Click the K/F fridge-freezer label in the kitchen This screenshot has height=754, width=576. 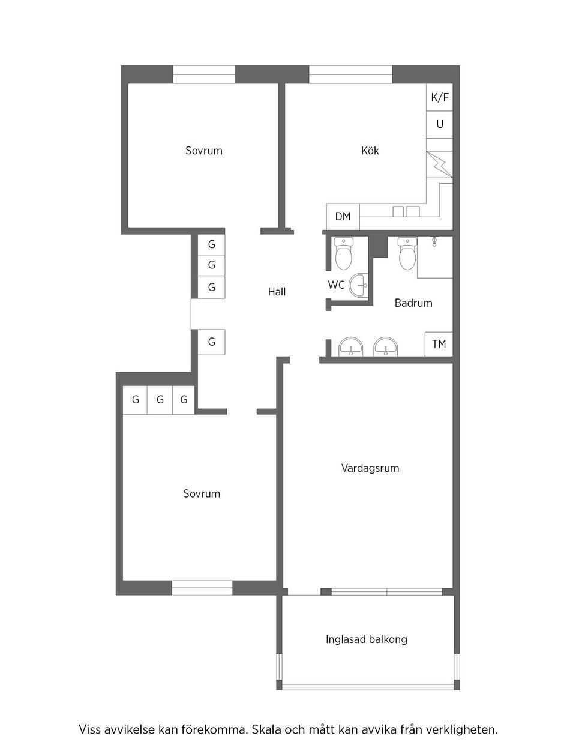pyautogui.click(x=439, y=98)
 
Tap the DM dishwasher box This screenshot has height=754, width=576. pyautogui.click(x=343, y=216)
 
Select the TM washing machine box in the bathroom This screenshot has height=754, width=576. pyautogui.click(x=439, y=344)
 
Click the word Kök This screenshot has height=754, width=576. pyautogui.click(x=370, y=151)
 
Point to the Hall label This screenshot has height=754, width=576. pyautogui.click(x=277, y=292)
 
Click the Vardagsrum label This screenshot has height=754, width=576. pyautogui.click(x=370, y=468)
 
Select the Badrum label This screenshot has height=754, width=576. pyautogui.click(x=413, y=303)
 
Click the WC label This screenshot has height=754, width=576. pyautogui.click(x=336, y=285)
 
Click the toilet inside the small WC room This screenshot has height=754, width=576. pyautogui.click(x=343, y=253)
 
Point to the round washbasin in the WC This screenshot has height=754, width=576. pyautogui.click(x=358, y=285)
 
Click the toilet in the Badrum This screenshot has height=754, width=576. pyautogui.click(x=407, y=253)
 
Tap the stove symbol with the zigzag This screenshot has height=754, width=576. pyautogui.click(x=439, y=164)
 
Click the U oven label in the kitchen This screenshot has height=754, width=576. pyautogui.click(x=440, y=124)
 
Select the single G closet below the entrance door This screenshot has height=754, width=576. pyautogui.click(x=211, y=342)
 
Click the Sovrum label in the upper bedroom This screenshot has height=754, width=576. pyautogui.click(x=204, y=151)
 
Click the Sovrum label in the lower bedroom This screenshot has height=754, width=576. pyautogui.click(x=202, y=493)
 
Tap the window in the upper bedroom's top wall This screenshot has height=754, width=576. pyautogui.click(x=204, y=74)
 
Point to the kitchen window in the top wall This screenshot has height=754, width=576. pyautogui.click(x=350, y=74)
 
